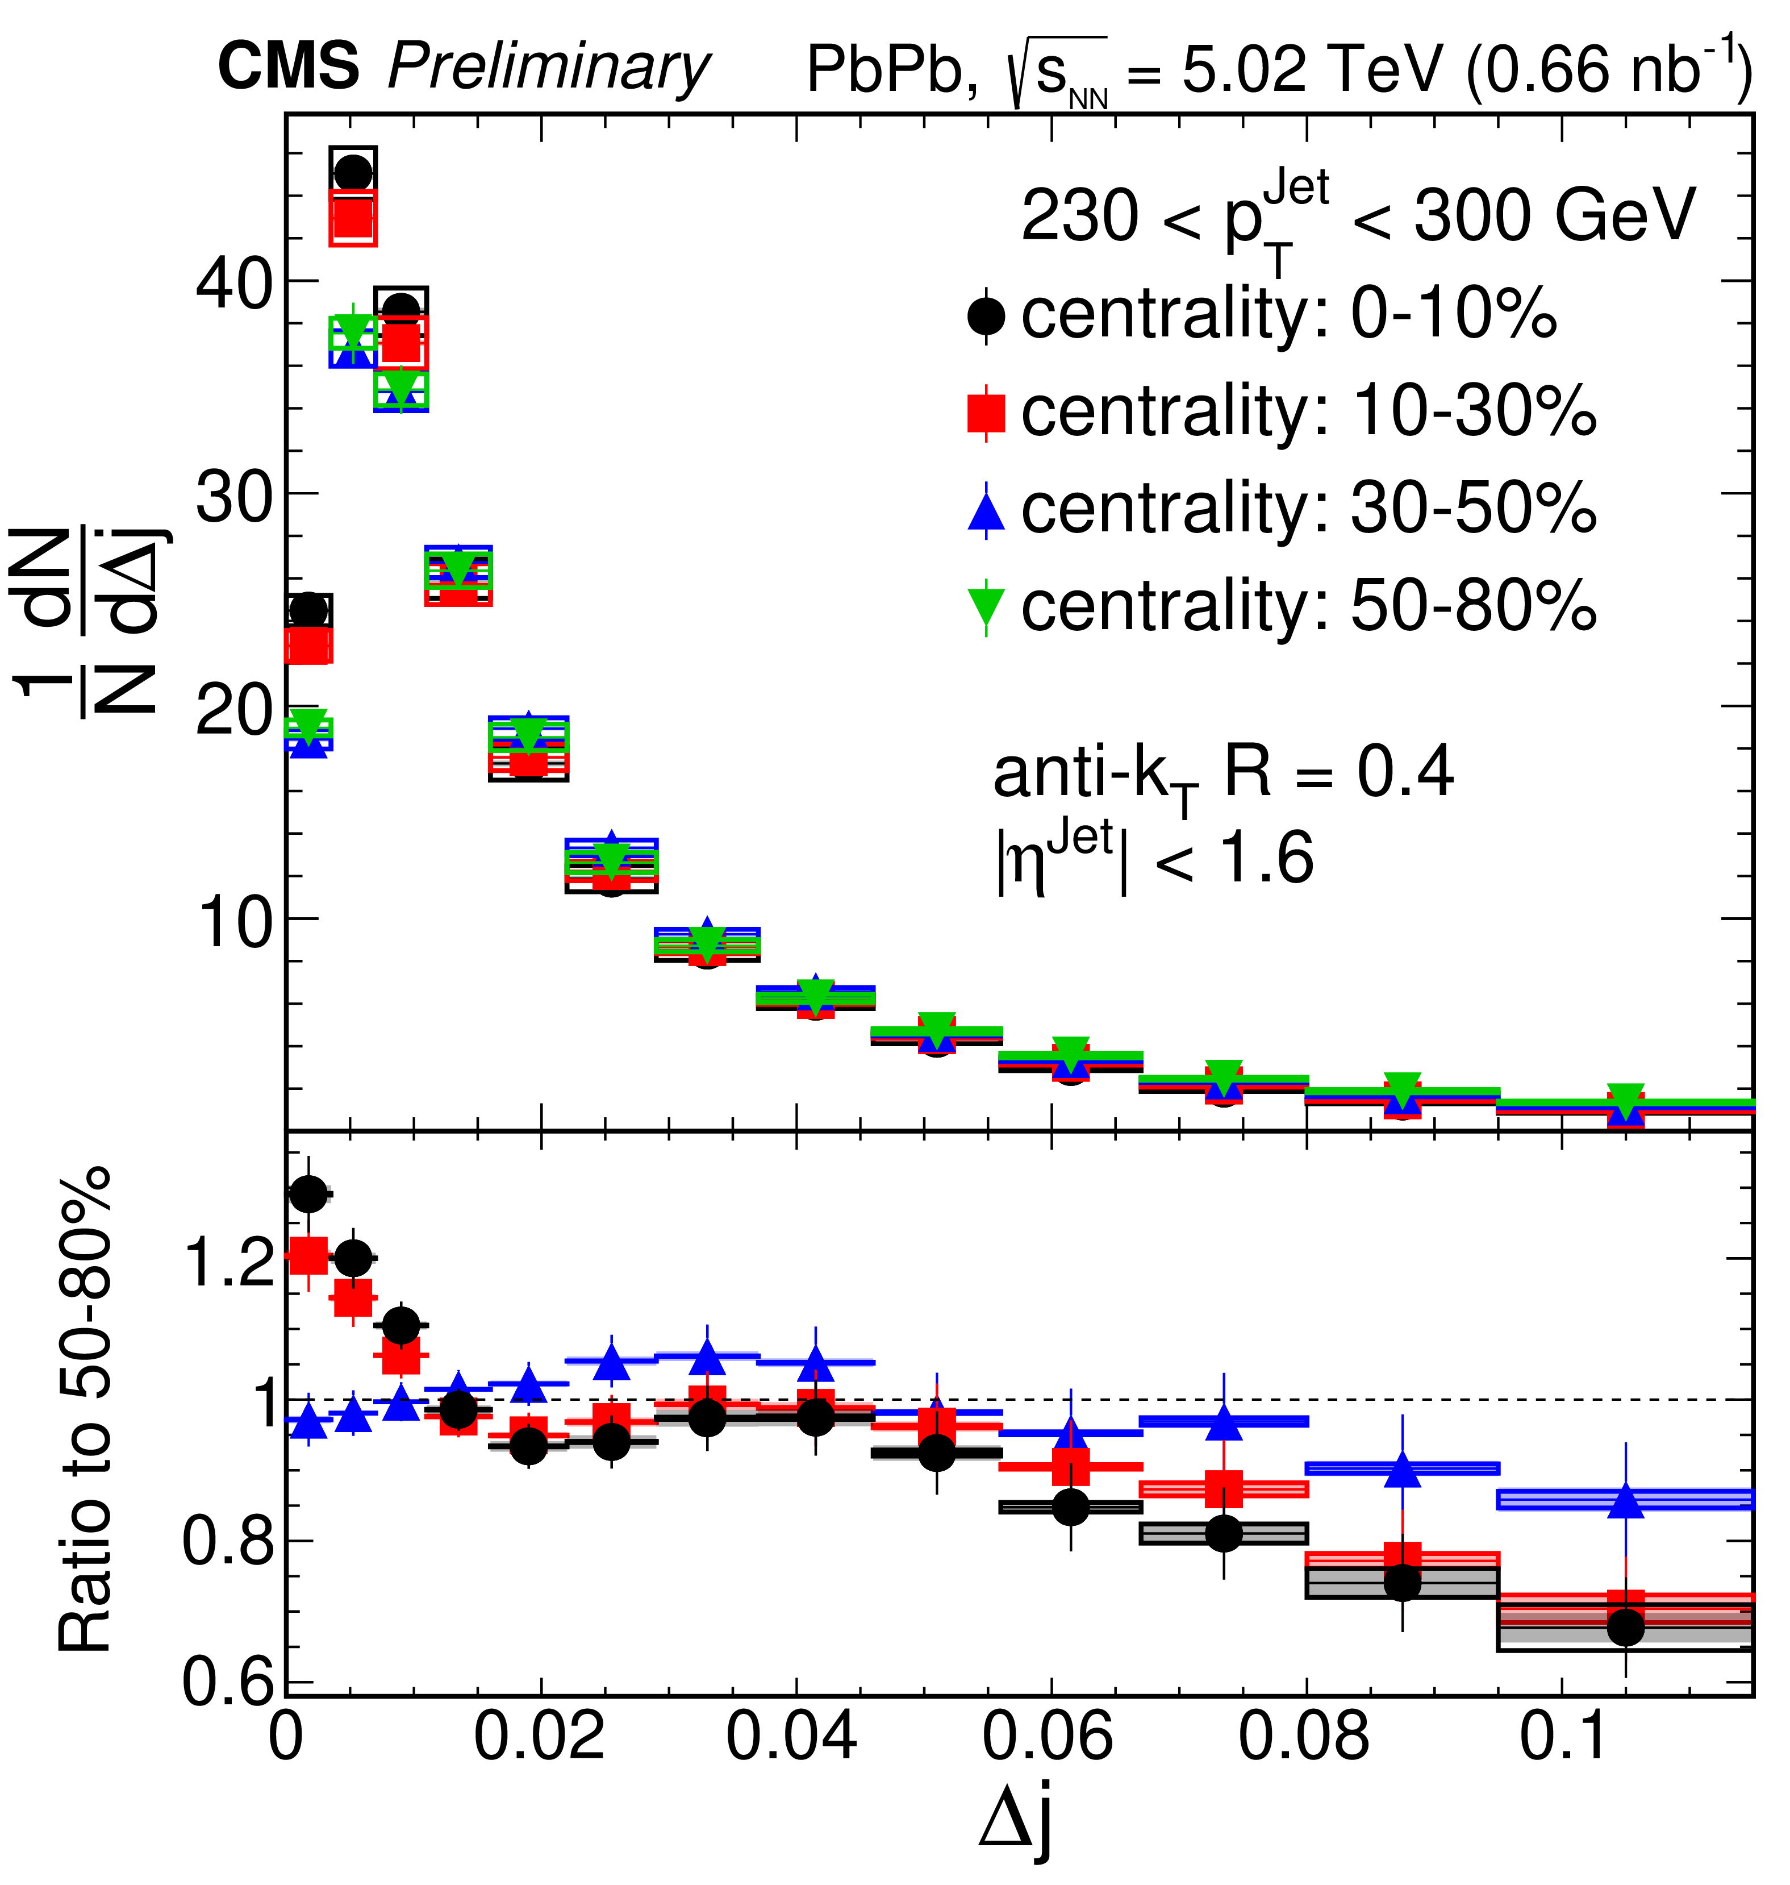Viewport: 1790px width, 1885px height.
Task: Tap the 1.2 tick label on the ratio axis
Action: [229, 1262]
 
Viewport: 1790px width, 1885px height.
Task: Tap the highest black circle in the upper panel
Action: [353, 174]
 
